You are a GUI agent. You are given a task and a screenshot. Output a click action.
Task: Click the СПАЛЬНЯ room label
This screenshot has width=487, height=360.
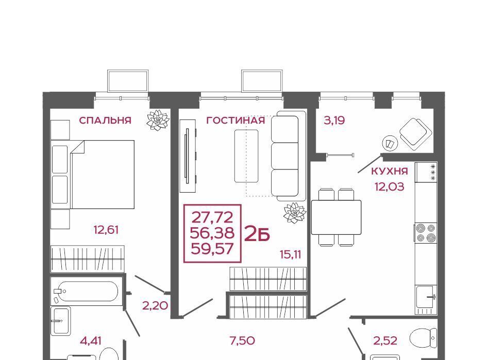tap(105, 121)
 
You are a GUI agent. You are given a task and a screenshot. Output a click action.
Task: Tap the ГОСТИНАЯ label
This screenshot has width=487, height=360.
tap(236, 121)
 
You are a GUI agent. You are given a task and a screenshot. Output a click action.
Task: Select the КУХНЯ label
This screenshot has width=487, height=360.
tap(390, 171)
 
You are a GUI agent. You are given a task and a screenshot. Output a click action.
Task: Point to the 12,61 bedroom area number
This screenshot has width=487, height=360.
tap(106, 230)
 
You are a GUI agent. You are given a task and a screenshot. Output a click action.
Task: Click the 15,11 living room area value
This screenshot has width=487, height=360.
tap(291, 255)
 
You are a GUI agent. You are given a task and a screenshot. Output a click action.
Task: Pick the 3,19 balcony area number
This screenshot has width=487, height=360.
tap(334, 121)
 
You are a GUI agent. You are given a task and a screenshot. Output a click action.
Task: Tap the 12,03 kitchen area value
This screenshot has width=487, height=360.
tap(390, 187)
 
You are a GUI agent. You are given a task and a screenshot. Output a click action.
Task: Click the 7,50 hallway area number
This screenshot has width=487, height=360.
tap(242, 341)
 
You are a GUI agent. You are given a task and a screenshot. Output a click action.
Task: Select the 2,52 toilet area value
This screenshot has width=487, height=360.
tap(385, 341)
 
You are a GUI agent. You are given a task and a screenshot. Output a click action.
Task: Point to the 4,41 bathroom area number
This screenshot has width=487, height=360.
tap(91, 341)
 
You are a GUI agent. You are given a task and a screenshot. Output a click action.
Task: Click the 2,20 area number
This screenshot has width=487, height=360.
tap(155, 306)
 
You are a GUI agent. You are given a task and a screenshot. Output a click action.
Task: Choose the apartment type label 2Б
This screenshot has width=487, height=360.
tap(257, 234)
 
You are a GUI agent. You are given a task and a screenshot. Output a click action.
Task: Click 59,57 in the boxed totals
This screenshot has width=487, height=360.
tap(212, 249)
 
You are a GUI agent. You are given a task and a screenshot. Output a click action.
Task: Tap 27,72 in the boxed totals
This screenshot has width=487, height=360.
tap(212, 217)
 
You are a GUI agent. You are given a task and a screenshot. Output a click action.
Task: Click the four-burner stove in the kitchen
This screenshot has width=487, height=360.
tap(426, 232)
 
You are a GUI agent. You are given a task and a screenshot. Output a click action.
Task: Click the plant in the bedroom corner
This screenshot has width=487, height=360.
tap(158, 120)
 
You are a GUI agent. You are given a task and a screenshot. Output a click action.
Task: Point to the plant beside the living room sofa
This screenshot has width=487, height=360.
tap(295, 212)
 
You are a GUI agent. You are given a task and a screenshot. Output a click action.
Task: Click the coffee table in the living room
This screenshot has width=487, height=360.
tap(246, 156)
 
